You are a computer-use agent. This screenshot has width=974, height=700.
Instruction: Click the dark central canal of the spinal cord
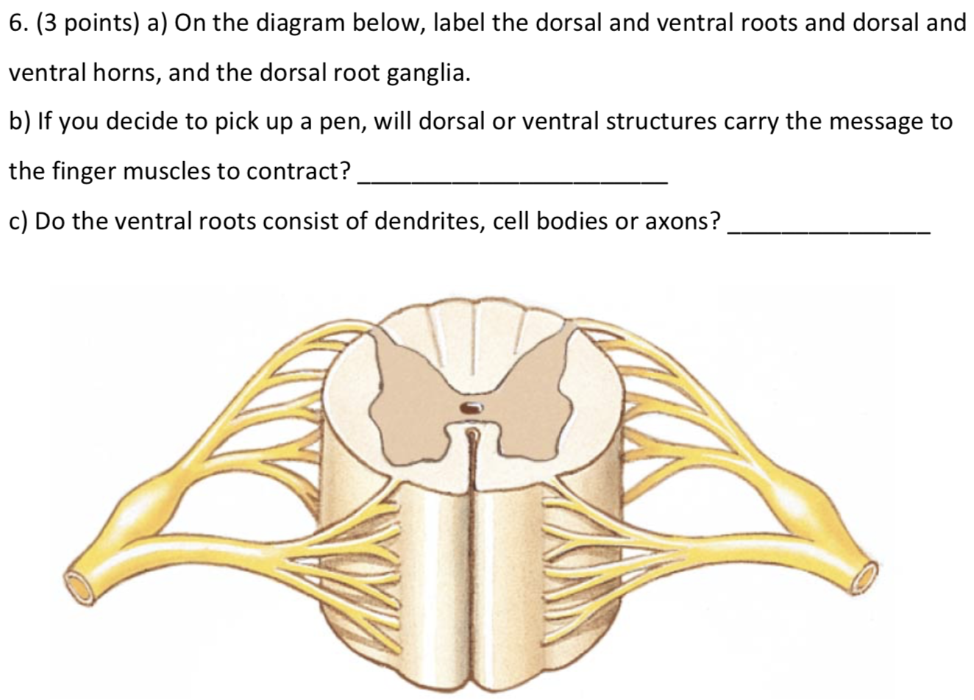tap(469, 407)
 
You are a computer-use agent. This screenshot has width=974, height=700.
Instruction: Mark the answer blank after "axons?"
tap(828, 229)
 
